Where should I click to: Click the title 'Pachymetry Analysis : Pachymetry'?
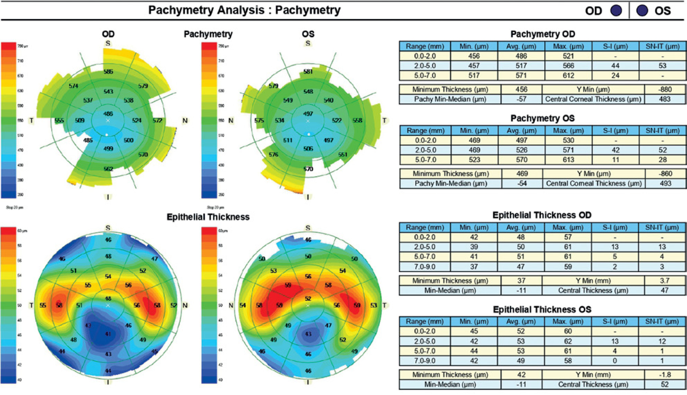click(x=244, y=10)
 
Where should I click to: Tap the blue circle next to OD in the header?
click(x=616, y=11)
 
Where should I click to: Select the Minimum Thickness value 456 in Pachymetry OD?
click(x=521, y=89)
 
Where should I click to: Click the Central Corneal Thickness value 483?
click(x=664, y=99)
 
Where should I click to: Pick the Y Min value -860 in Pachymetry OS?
click(x=665, y=174)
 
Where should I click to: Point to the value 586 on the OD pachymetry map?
click(x=108, y=71)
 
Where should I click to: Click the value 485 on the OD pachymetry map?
click(x=88, y=140)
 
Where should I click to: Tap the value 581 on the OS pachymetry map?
click(x=308, y=71)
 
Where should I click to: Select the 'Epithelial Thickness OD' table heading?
click(x=542, y=215)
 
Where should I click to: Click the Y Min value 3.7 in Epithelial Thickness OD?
click(x=664, y=281)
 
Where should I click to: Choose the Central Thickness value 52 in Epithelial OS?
click(x=664, y=384)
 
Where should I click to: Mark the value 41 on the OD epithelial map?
click(x=108, y=333)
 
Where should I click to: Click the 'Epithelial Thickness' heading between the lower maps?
click(x=208, y=217)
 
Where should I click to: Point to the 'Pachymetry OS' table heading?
click(x=542, y=118)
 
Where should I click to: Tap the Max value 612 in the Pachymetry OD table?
click(x=568, y=75)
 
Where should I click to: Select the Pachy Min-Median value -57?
click(x=521, y=99)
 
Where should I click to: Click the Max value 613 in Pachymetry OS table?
click(x=568, y=160)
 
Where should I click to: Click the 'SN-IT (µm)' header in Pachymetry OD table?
click(x=662, y=47)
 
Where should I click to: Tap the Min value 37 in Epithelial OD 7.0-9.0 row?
click(x=474, y=267)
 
